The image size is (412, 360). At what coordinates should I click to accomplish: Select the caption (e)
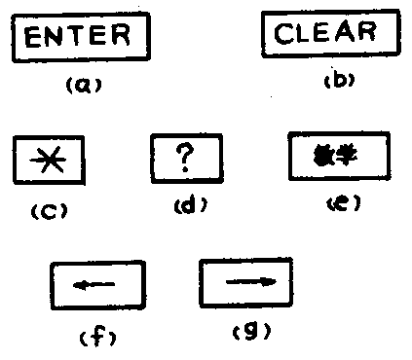pos(340,203)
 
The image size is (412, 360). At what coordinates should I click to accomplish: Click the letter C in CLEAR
pos(283,33)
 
